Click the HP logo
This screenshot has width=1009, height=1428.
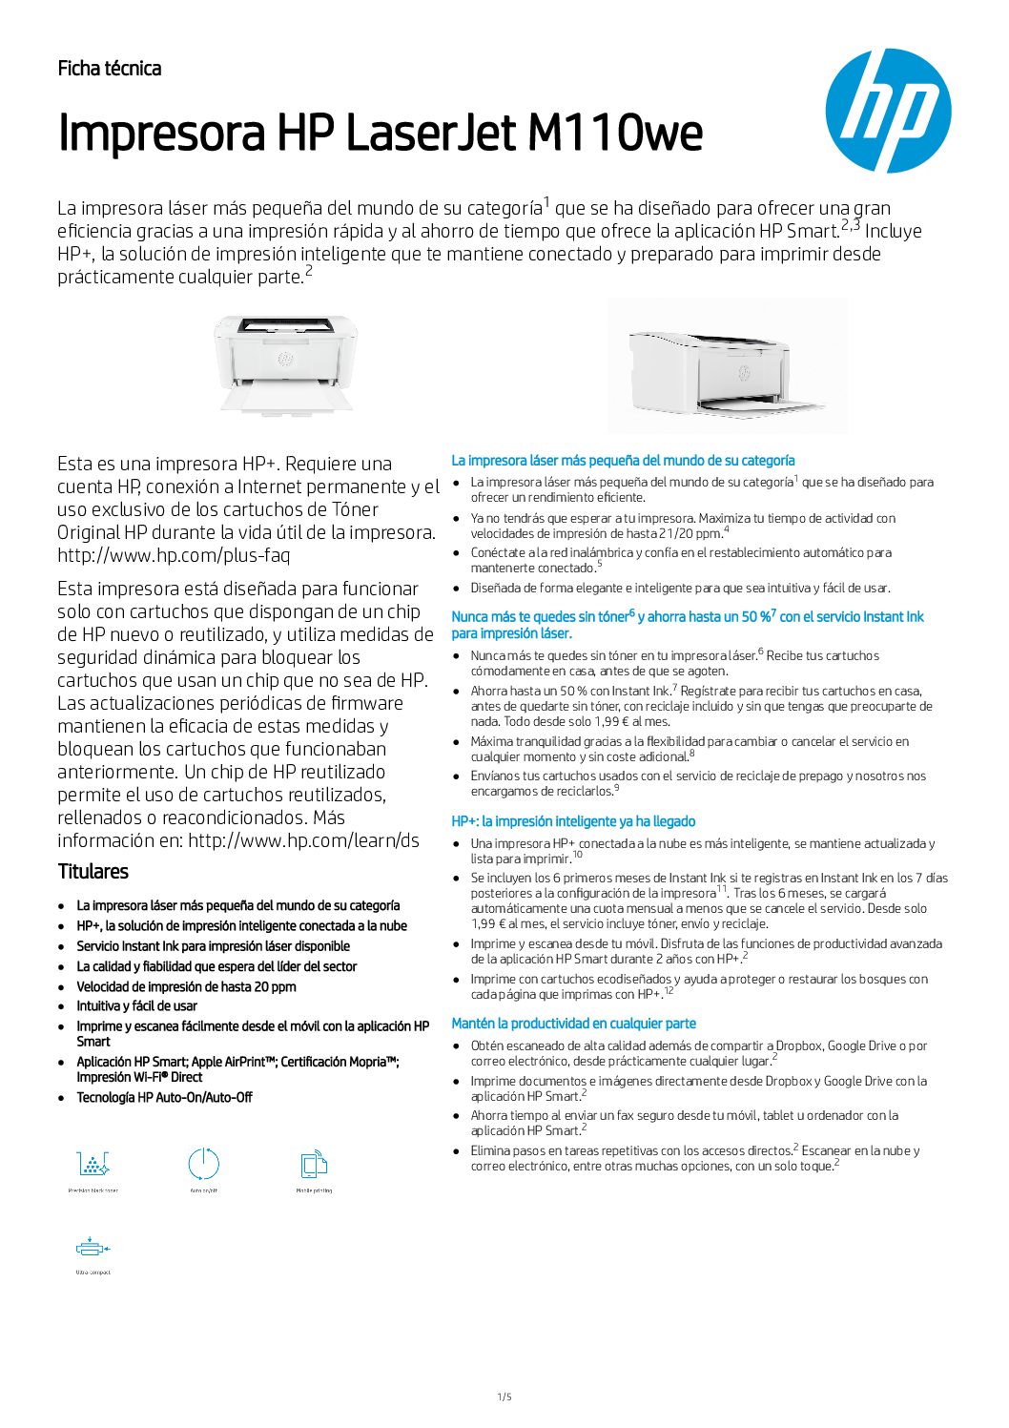[888, 111]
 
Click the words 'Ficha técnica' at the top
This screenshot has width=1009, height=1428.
[110, 69]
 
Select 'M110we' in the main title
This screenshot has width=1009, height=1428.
[615, 134]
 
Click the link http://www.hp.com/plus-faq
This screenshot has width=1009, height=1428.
[174, 555]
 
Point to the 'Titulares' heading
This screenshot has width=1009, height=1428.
[93, 871]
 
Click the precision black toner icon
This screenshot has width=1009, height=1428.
[93, 1164]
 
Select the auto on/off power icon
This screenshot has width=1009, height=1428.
[203, 1164]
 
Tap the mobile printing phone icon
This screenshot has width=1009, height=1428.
[314, 1164]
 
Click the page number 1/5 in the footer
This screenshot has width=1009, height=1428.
[504, 1397]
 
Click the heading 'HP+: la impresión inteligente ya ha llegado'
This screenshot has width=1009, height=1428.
[573, 821]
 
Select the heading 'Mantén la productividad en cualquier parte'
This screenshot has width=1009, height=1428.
[573, 1024]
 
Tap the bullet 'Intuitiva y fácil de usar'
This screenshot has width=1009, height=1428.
[137, 1006]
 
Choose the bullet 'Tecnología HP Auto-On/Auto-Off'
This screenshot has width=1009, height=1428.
[164, 1098]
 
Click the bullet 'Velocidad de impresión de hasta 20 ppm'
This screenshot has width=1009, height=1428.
[186, 987]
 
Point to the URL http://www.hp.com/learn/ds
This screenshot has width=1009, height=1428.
[303, 840]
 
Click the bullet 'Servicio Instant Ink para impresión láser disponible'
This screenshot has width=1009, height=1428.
[213, 946]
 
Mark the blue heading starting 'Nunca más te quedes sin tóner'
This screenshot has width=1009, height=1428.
[687, 618]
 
